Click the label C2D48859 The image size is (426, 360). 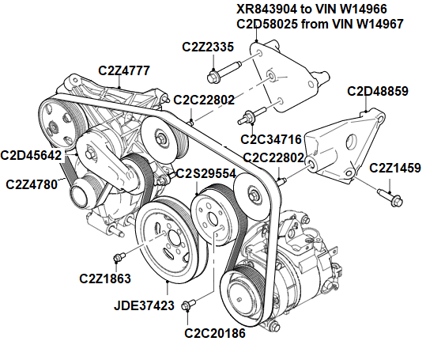pyautogui.click(x=377, y=91)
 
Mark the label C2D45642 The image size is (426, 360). pyautogui.click(x=31, y=155)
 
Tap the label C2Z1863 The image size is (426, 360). pyautogui.click(x=105, y=278)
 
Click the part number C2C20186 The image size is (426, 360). pyautogui.click(x=215, y=333)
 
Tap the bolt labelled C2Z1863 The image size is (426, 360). pyautogui.click(x=121, y=257)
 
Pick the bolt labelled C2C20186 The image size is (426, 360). pyautogui.click(x=188, y=305)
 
